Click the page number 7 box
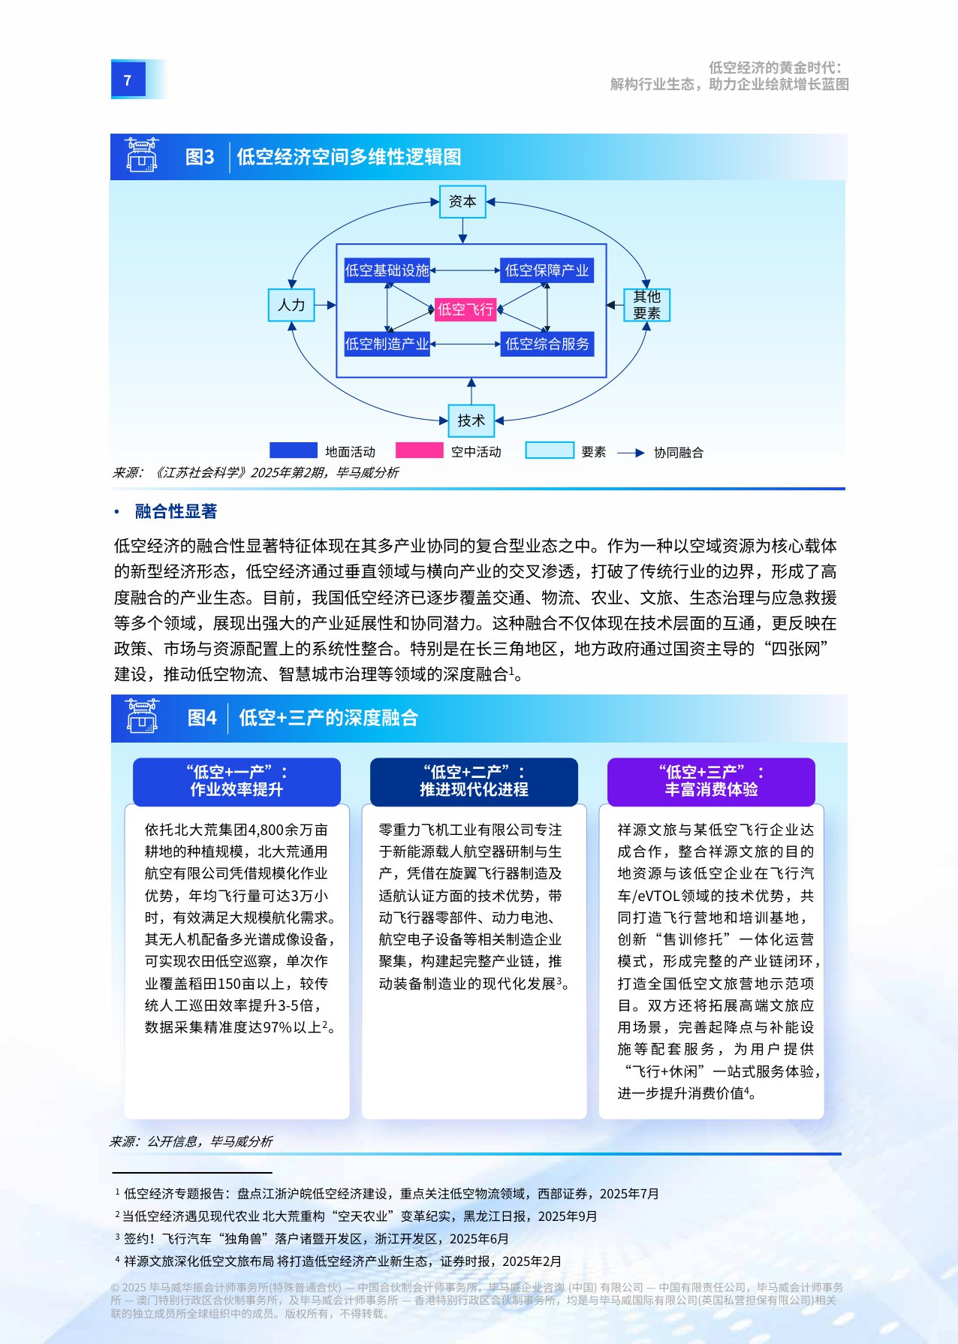(x=128, y=80)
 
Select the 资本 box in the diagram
(x=462, y=201)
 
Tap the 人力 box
(x=291, y=305)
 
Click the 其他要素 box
(x=646, y=305)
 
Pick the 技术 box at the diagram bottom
(x=471, y=420)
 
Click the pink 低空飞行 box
(x=465, y=309)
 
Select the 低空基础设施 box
(x=387, y=270)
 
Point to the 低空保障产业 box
(x=547, y=270)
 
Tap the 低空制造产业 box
(x=387, y=344)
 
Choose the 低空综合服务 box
(x=547, y=344)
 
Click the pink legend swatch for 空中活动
(x=419, y=451)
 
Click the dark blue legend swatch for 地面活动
(x=293, y=451)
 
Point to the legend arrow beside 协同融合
(x=631, y=453)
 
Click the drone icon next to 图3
(x=142, y=155)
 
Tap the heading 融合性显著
(x=176, y=511)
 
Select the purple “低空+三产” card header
(x=711, y=781)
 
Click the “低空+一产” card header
(x=236, y=781)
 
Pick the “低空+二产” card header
(x=474, y=781)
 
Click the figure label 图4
(x=202, y=718)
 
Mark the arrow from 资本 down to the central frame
(x=462, y=231)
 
